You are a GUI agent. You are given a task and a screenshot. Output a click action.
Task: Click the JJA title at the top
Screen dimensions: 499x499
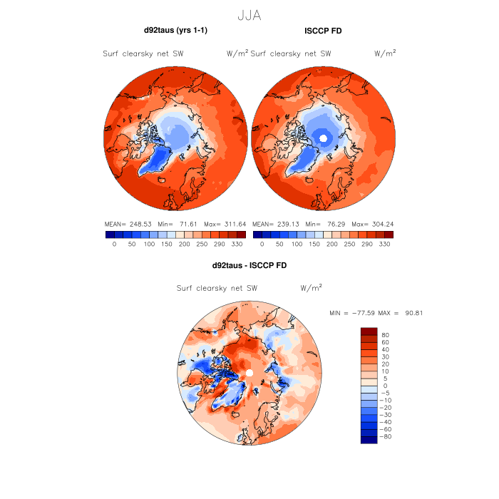(249, 14)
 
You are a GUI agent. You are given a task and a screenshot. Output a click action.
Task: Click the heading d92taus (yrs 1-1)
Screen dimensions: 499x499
(175, 30)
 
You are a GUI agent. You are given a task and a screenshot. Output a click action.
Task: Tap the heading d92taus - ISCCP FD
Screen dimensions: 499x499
(249, 265)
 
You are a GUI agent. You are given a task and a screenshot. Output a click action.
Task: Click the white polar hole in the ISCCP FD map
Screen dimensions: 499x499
(324, 138)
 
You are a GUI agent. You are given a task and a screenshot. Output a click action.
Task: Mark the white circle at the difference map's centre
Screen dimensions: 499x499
(249, 374)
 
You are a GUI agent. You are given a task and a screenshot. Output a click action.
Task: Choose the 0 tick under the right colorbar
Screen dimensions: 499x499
(262, 244)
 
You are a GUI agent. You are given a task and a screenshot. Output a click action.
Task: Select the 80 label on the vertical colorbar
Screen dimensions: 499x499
(385, 334)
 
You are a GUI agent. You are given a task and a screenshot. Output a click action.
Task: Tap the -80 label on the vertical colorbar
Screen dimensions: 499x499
(387, 436)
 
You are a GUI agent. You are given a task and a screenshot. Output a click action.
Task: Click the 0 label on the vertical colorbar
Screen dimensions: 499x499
(385, 386)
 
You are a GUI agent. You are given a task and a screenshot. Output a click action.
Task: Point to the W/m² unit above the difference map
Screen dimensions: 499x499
(312, 288)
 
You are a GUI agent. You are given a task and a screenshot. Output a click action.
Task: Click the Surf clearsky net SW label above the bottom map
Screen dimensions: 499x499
(217, 288)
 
